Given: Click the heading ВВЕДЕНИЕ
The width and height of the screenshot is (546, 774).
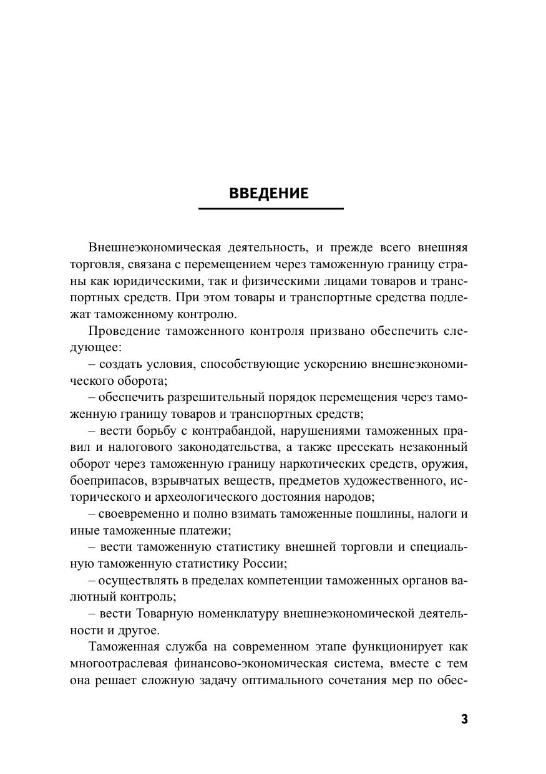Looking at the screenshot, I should (268, 193).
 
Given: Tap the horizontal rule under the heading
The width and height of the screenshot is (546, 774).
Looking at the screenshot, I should (271, 208).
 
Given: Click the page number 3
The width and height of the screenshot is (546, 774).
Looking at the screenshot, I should (464, 719).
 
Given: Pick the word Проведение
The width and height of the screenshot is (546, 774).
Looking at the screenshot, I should (125, 331).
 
